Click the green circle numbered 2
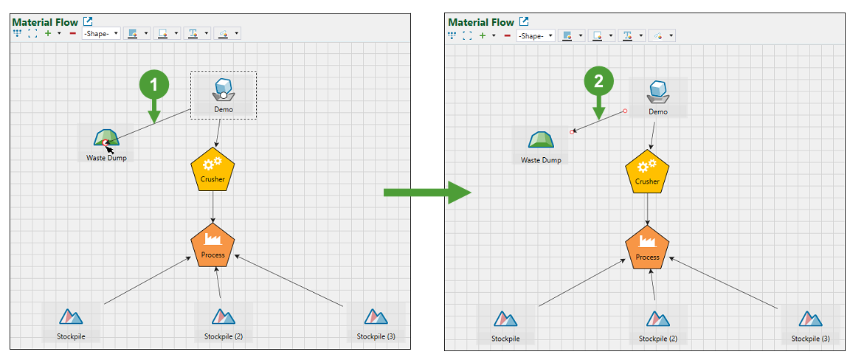pyautogui.click(x=598, y=82)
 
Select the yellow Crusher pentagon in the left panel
pyautogui.click(x=212, y=169)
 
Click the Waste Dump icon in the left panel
pyautogui.click(x=106, y=138)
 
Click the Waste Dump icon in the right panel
pyautogui.click(x=541, y=140)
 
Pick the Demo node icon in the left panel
pyautogui.click(x=223, y=89)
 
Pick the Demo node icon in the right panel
pyautogui.click(x=657, y=91)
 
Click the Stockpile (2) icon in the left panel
pyautogui.click(x=223, y=317)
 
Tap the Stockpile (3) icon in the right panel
pyautogui.click(x=810, y=319)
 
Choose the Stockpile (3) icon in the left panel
pyautogui.click(x=376, y=316)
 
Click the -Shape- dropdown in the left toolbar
pyautogui.click(x=101, y=34)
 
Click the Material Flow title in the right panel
pyautogui.click(x=480, y=23)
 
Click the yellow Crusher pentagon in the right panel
pyautogui.click(x=647, y=171)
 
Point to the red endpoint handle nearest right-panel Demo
pyautogui.click(x=625, y=111)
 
